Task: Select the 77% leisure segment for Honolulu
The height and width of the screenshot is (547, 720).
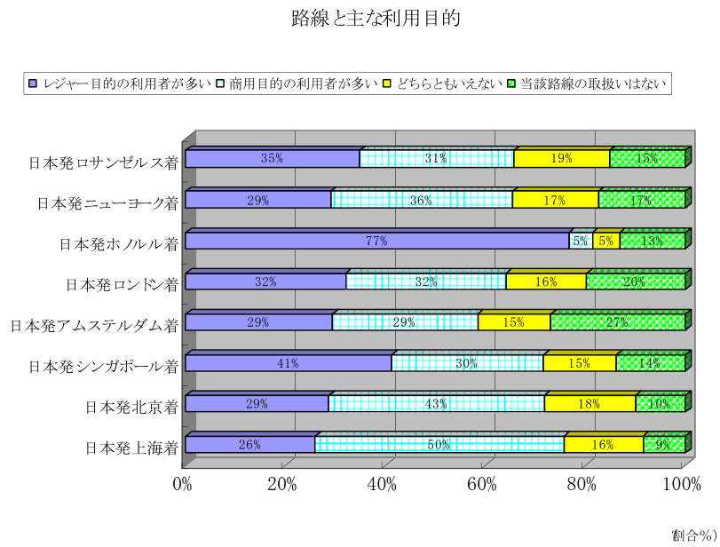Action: (x=376, y=241)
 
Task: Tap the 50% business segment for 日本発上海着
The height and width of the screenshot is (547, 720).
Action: (x=439, y=445)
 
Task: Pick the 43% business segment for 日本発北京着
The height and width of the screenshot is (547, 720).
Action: (x=435, y=404)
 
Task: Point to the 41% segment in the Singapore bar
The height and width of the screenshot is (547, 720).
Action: (x=288, y=363)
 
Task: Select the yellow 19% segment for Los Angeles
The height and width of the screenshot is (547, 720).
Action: (x=561, y=159)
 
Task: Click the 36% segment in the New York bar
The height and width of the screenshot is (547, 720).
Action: (x=422, y=200)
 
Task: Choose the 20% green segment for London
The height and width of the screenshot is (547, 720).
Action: (x=635, y=281)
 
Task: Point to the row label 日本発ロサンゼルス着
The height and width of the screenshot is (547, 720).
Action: (x=103, y=162)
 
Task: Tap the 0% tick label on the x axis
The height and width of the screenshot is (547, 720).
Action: (x=183, y=484)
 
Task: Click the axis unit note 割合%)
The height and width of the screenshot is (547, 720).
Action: (x=693, y=535)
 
